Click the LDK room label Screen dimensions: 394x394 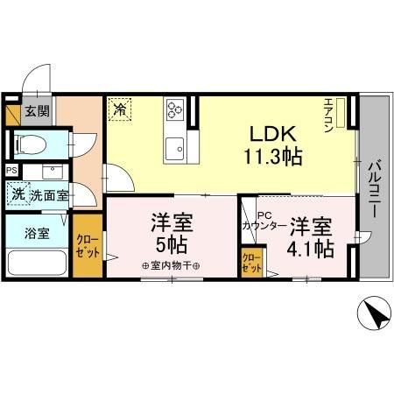[x=272, y=134]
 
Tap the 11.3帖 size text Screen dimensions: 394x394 [x=272, y=157]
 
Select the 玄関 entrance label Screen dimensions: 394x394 [x=37, y=111]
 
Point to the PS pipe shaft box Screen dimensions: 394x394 [x=11, y=170]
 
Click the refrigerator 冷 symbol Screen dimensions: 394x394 [x=120, y=109]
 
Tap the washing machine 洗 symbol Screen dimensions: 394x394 [x=18, y=194]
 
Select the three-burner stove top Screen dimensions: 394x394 [x=175, y=109]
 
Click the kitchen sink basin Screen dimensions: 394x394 [x=174, y=149]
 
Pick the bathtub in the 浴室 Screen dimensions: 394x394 [x=37, y=263]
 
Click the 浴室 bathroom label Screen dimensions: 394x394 [x=37, y=234]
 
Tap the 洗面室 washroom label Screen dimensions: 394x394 [x=50, y=195]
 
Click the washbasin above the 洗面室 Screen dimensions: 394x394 [x=53, y=172]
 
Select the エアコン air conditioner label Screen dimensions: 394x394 [x=328, y=116]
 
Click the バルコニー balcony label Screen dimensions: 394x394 [x=374, y=188]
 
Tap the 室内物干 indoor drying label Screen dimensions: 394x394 [x=171, y=266]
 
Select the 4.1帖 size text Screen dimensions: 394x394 [x=311, y=249]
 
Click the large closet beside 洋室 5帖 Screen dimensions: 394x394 [x=88, y=245]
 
